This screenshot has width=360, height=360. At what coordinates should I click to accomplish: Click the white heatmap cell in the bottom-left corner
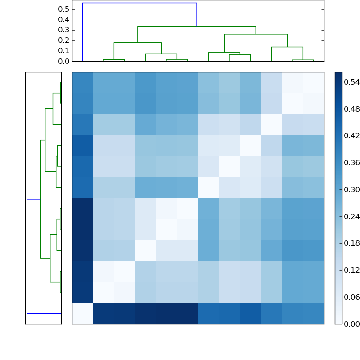82,314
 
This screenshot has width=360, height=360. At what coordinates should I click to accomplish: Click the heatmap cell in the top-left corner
82,82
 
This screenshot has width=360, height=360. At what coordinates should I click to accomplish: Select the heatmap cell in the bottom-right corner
314,314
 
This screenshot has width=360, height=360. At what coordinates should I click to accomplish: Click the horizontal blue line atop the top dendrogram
139,3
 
